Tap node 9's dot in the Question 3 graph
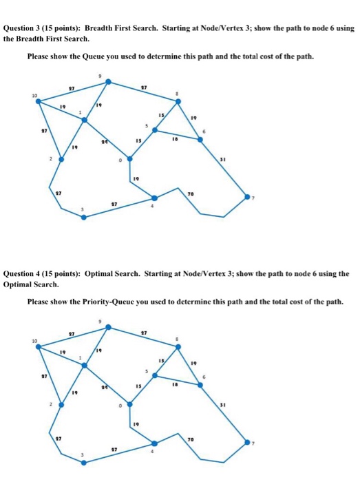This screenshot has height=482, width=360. click(x=107, y=82)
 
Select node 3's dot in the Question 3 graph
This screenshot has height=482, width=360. click(x=84, y=217)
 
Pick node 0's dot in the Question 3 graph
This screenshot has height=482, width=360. click(x=129, y=158)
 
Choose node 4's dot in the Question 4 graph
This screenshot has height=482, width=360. click(x=154, y=443)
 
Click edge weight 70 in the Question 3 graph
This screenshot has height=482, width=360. click(x=189, y=195)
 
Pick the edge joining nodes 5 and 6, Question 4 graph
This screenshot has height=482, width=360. click(x=178, y=380)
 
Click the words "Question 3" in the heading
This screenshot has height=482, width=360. click(x=25, y=29)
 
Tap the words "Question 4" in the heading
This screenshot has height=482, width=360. click(x=25, y=273)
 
